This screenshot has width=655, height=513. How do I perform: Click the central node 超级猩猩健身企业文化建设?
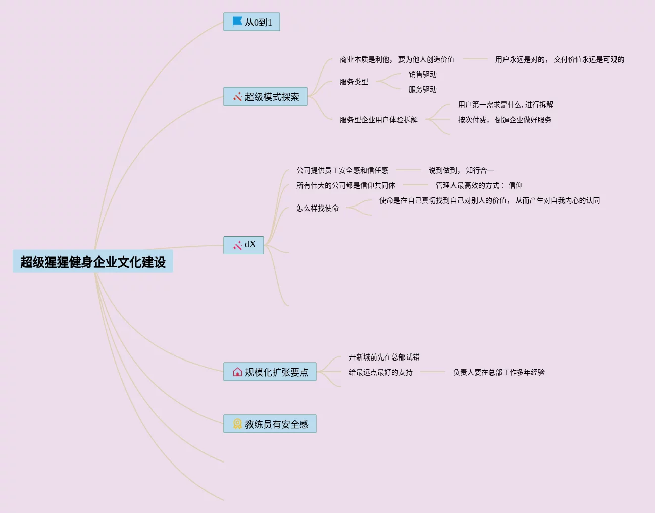[x=93, y=262]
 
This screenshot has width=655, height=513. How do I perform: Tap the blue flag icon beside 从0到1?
[x=237, y=22]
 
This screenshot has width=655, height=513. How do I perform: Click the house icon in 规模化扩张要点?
[x=237, y=372]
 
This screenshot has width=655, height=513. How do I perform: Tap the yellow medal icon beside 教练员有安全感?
[x=237, y=424]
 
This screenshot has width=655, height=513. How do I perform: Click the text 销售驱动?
[x=423, y=75]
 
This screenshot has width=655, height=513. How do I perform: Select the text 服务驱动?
[x=423, y=90]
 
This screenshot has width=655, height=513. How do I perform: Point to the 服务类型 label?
[x=354, y=82]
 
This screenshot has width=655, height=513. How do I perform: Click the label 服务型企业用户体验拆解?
[x=379, y=120]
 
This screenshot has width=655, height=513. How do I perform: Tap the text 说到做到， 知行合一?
[x=461, y=171]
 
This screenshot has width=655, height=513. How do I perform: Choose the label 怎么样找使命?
[x=318, y=209]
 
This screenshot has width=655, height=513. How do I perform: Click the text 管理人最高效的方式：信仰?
[x=479, y=186]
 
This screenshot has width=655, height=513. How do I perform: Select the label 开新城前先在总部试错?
[x=384, y=357]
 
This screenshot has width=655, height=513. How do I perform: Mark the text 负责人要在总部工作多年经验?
[x=499, y=373]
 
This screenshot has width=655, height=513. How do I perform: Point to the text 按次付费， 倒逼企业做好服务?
[x=505, y=120]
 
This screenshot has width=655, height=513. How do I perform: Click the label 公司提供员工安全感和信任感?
[x=342, y=171]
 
